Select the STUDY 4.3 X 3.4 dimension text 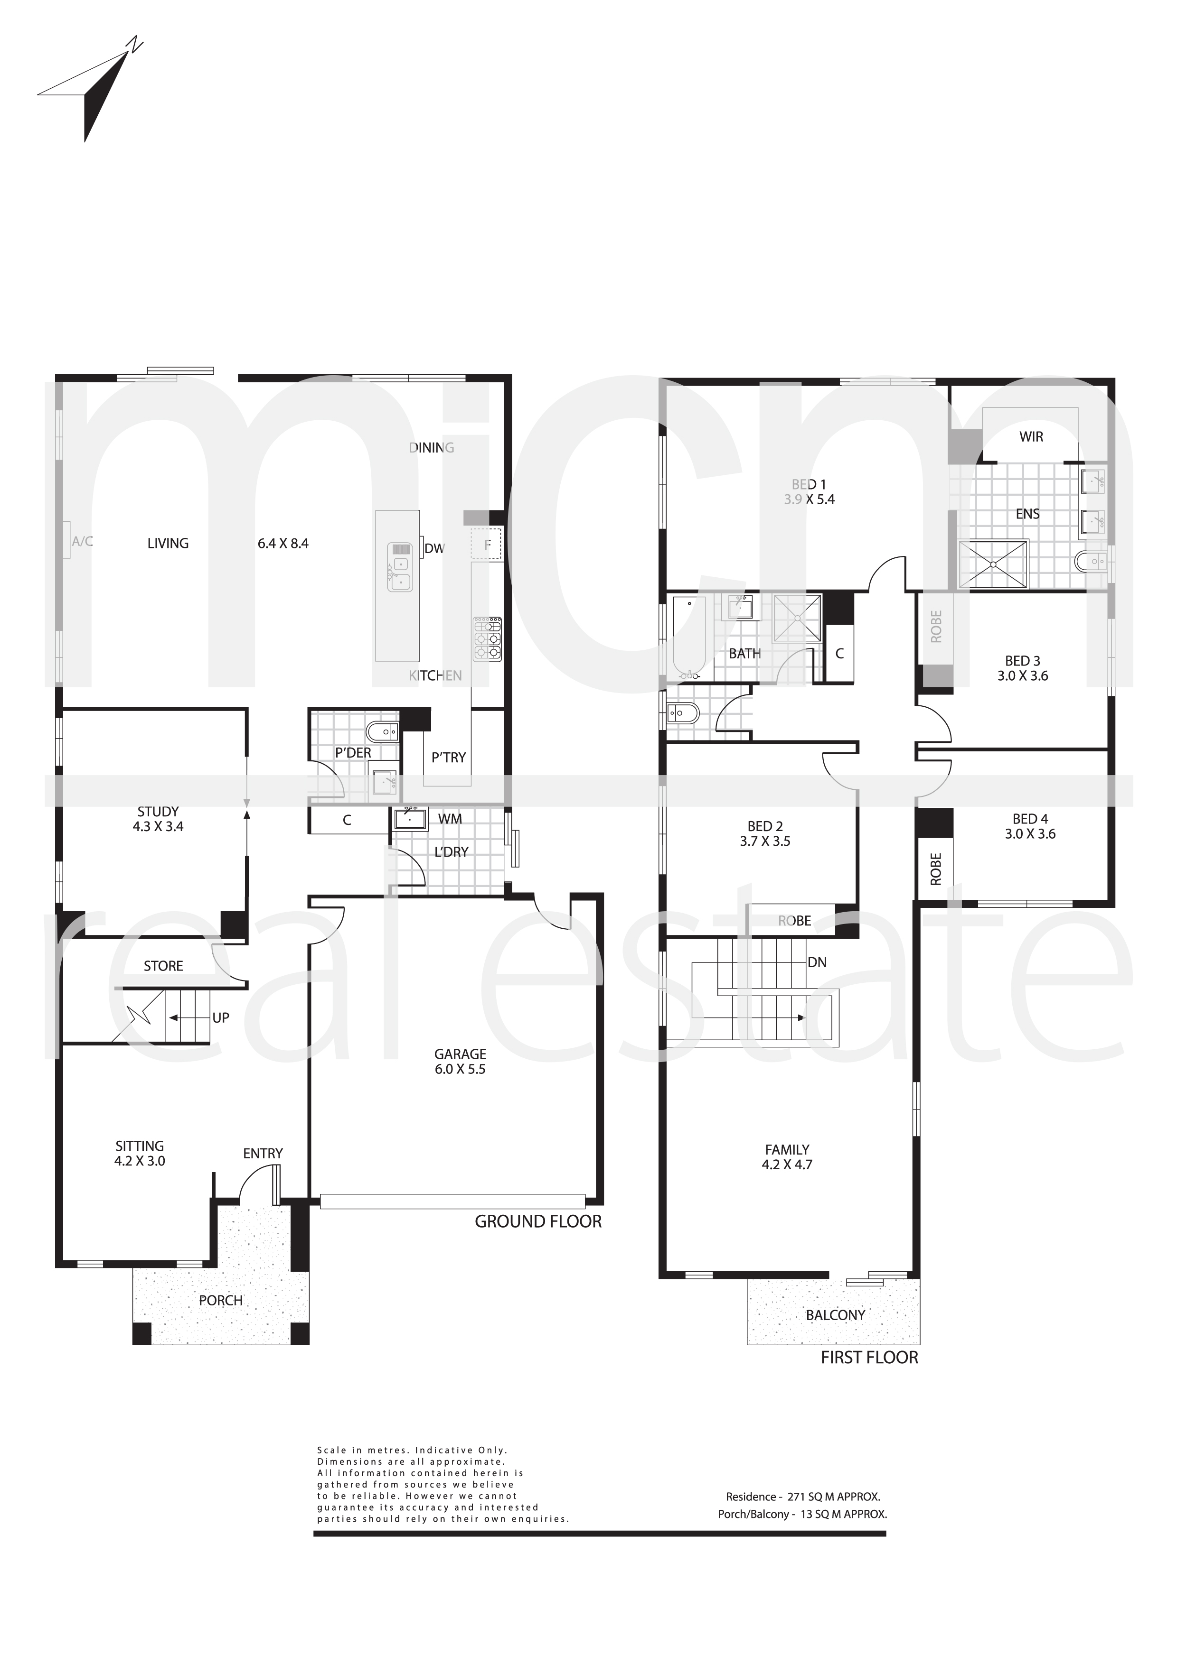[x=158, y=826]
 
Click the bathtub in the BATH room [x=689, y=638]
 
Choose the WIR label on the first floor [x=1031, y=437]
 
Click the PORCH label [x=220, y=1300]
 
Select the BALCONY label [x=836, y=1315]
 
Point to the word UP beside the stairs [x=220, y=1017]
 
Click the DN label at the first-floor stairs [x=817, y=962]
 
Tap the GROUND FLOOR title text [x=538, y=1221]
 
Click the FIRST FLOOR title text [x=869, y=1358]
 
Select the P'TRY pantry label [x=448, y=758]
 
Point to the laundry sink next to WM [x=411, y=819]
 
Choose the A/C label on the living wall [x=82, y=541]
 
